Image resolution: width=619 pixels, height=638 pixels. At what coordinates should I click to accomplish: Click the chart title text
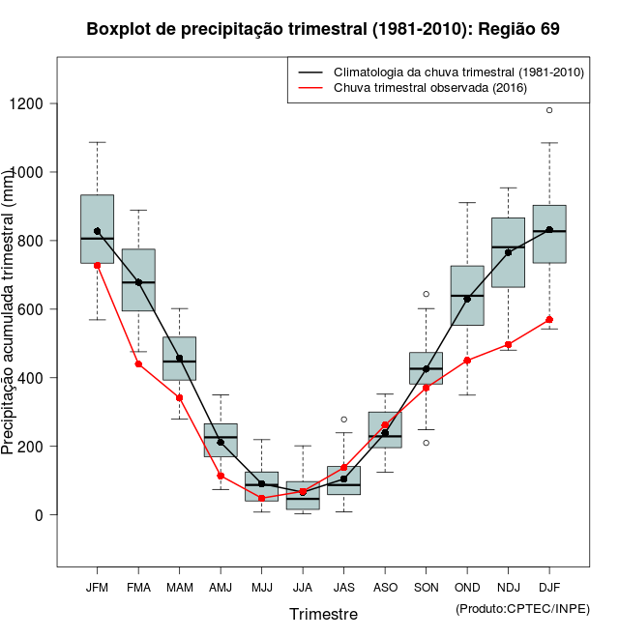(323, 29)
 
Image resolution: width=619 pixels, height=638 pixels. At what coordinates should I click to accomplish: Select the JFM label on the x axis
(97, 587)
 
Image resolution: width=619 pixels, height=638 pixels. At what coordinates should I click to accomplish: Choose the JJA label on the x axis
(303, 587)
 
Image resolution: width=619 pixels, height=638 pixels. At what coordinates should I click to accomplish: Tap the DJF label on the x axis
(549, 587)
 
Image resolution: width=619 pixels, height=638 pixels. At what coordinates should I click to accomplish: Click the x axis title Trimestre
(323, 614)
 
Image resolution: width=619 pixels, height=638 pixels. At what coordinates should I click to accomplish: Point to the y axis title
(10, 310)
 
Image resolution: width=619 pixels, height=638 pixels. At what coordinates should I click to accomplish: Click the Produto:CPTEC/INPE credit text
(522, 608)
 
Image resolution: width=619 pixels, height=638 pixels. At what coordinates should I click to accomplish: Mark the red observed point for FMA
(138, 364)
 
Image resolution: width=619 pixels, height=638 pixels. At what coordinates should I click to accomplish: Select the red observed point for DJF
(549, 320)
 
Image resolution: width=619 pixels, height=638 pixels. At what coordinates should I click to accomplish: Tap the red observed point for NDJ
(508, 344)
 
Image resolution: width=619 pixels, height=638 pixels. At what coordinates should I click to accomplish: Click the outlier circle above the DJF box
(549, 110)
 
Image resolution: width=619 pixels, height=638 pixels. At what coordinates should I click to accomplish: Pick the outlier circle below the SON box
(426, 443)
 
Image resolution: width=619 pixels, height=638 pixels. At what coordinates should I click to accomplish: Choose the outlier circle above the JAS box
(343, 420)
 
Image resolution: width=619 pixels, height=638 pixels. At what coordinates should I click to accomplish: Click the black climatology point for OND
(467, 299)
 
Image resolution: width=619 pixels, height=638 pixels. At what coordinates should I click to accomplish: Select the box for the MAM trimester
(179, 359)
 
